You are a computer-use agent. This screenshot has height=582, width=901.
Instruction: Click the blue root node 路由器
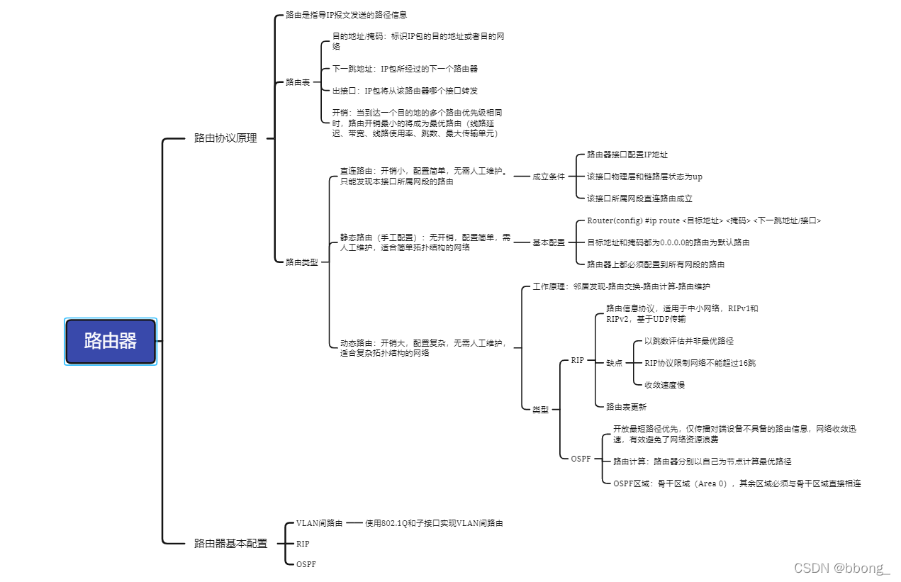click(x=110, y=341)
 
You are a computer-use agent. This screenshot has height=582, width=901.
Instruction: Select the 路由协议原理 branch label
click(x=225, y=138)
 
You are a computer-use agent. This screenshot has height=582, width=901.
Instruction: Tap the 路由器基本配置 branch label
click(x=230, y=544)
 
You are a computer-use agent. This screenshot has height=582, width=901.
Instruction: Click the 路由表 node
click(x=298, y=82)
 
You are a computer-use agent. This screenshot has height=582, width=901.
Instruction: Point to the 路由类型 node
click(x=302, y=262)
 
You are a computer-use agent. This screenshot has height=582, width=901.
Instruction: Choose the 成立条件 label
click(x=549, y=177)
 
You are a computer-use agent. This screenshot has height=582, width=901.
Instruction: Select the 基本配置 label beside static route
click(x=549, y=242)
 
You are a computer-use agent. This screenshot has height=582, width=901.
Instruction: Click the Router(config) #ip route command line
click(x=704, y=220)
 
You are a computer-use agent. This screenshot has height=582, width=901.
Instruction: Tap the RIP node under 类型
click(x=578, y=360)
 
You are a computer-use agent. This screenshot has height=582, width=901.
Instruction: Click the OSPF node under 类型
click(x=581, y=459)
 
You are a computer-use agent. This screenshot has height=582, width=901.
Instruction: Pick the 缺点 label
click(x=614, y=363)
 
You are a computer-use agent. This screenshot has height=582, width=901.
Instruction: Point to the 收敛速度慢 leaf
click(x=664, y=385)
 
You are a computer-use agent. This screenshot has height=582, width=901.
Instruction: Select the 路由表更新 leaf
click(x=626, y=407)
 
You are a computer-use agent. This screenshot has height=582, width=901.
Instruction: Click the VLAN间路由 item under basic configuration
click(x=319, y=523)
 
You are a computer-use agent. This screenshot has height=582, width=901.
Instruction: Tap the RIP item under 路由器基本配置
click(x=303, y=544)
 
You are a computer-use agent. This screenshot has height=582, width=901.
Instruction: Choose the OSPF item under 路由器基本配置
click(x=306, y=564)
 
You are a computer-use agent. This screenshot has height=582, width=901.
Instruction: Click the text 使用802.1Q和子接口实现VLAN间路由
click(x=434, y=523)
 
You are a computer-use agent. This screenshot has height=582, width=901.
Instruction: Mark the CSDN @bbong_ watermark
click(x=841, y=568)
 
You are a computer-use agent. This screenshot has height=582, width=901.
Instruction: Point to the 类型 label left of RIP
click(x=540, y=410)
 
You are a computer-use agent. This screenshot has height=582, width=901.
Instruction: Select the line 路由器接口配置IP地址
click(x=627, y=155)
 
